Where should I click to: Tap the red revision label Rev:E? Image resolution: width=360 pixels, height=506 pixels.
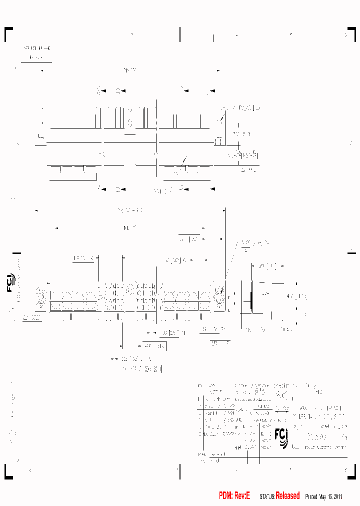coord(242,495)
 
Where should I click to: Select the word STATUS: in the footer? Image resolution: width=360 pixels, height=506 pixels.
coord(267,496)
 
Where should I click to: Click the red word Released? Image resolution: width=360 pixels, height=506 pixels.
coord(288,495)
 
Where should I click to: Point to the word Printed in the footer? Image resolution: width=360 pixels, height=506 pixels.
coord(311,496)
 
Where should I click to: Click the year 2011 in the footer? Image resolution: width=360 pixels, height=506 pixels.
coord(337,496)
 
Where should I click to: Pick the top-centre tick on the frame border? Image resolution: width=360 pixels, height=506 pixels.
coord(180,34)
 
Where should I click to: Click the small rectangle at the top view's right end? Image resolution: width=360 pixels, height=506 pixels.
coord(218,142)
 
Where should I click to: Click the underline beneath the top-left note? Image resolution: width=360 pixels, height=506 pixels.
coord(36,62)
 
